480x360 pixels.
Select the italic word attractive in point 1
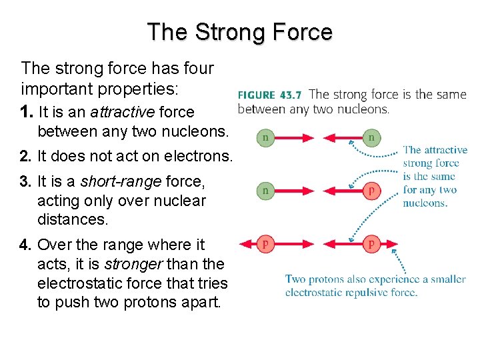click(x=119, y=113)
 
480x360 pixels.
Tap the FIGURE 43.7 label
click(x=270, y=95)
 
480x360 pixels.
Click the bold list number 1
click(x=25, y=113)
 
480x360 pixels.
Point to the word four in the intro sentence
click(x=193, y=68)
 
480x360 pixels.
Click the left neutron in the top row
click(x=265, y=138)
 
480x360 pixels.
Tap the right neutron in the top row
click(x=371, y=138)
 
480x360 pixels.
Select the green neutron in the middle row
click(x=265, y=191)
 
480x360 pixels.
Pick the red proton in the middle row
click(x=371, y=191)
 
